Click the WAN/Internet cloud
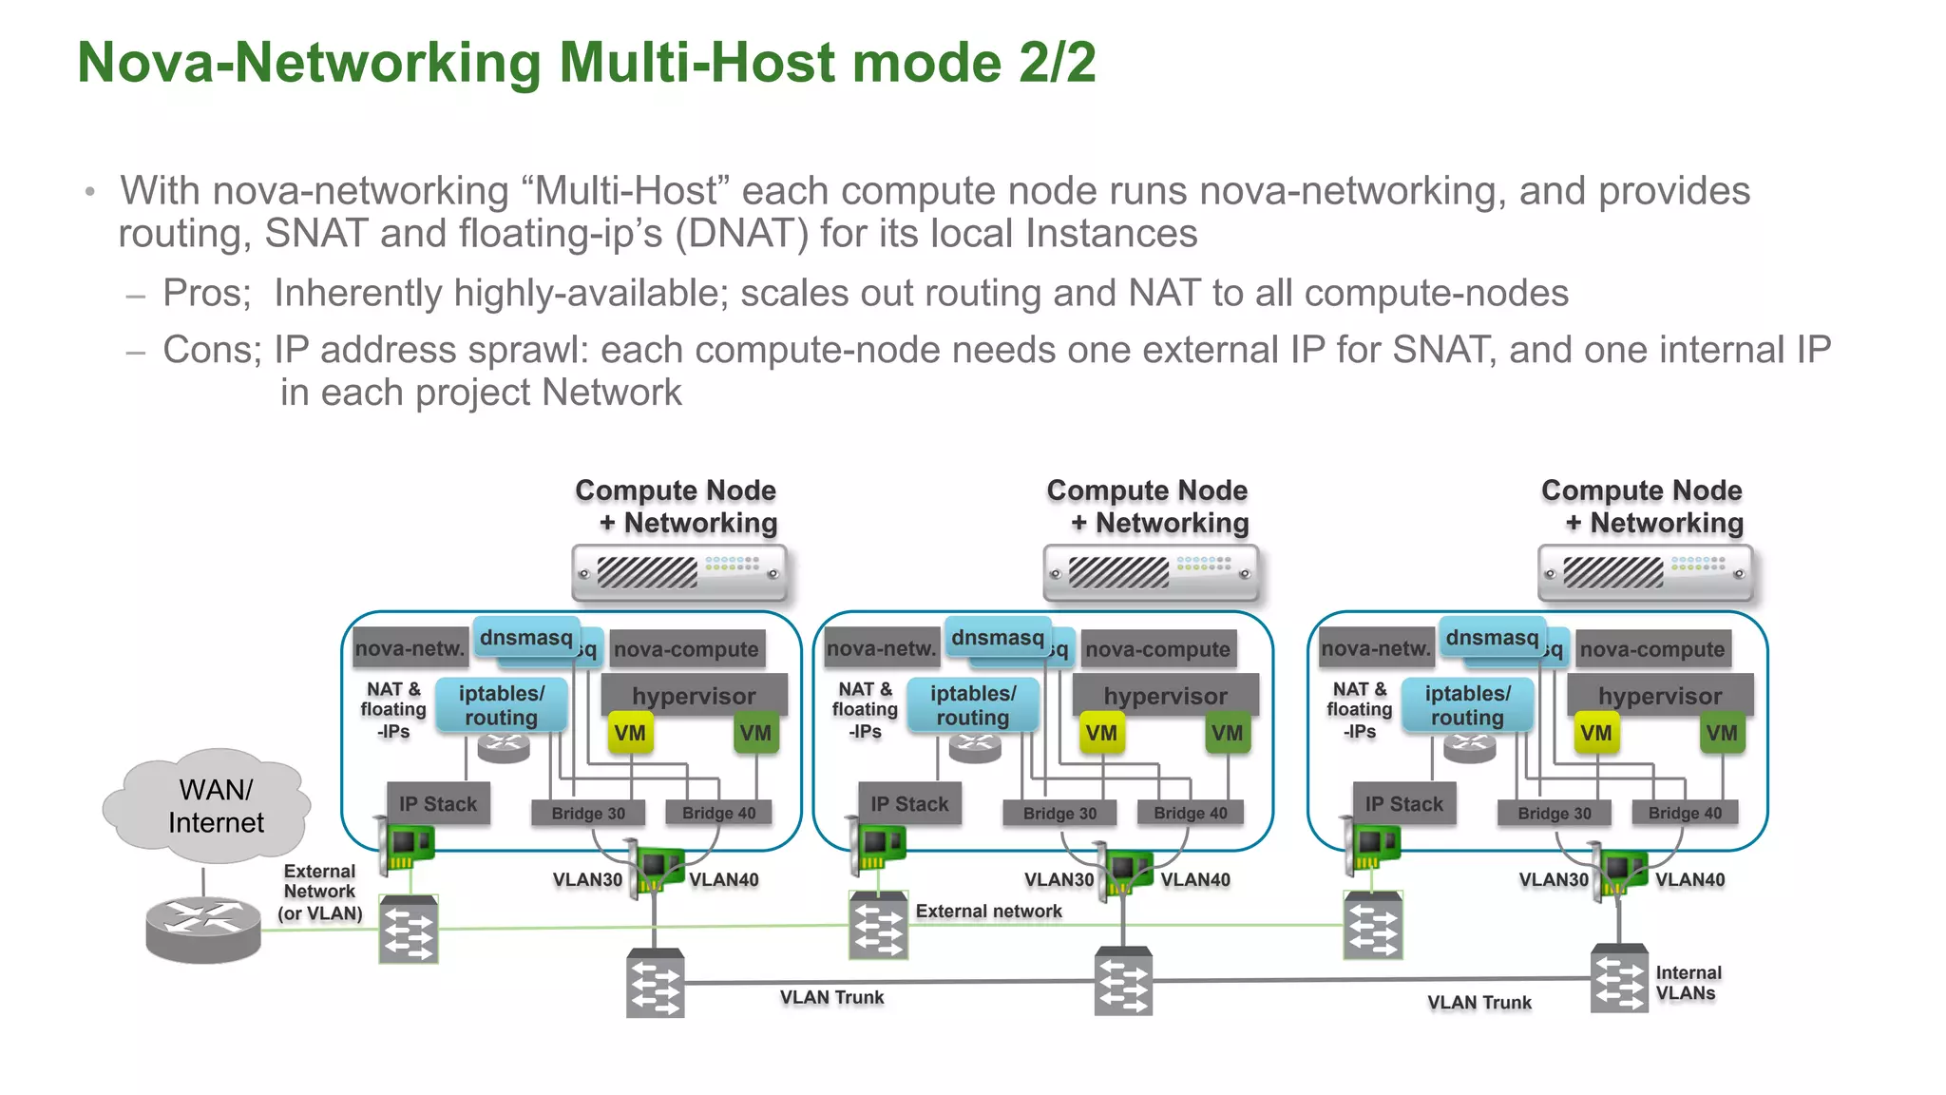(211, 806)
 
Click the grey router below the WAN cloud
(203, 929)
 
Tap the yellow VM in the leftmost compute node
(629, 733)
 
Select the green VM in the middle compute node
(1227, 733)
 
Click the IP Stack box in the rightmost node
(1403, 804)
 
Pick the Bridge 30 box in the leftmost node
(588, 813)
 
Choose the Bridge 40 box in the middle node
(1190, 813)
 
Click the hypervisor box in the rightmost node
(1659, 695)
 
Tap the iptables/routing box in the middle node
(972, 705)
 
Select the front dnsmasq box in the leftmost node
(525, 637)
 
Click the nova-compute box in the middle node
(1157, 649)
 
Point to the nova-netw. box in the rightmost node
(1375, 648)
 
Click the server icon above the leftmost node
(679, 572)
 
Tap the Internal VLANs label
(1688, 983)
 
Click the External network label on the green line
(988, 911)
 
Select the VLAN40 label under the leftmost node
(724, 879)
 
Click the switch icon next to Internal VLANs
(1618, 978)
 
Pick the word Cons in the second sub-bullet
(209, 350)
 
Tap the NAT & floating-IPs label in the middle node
(865, 710)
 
